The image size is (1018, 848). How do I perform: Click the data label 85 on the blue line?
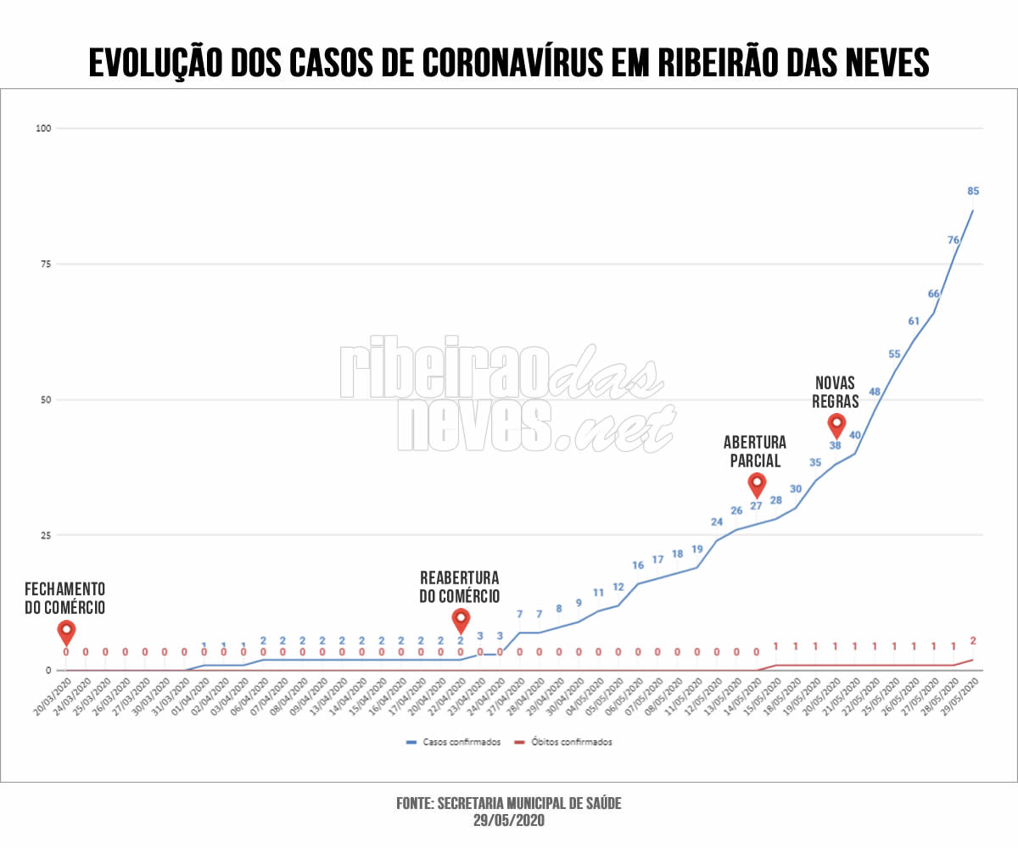pos(973,191)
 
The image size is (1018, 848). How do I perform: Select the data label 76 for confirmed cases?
pos(954,240)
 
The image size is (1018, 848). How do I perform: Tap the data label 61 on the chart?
pos(914,321)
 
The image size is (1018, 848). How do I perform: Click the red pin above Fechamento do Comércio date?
pos(66,632)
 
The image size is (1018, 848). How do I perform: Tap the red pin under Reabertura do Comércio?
pos(461,619)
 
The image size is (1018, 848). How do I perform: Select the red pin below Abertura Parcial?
pos(757,484)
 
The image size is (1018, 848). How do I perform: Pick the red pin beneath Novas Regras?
pos(836,424)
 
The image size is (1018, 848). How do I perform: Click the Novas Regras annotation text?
pos(836,392)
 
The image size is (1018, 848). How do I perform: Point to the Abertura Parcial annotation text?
pos(755,451)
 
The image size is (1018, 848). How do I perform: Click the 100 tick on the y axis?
pos(43,128)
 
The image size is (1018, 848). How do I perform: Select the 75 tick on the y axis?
pos(45,264)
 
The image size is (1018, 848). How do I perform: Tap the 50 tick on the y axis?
pos(45,399)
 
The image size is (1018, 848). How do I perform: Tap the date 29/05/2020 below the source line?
pos(509,821)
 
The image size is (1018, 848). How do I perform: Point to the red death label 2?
pos(973,641)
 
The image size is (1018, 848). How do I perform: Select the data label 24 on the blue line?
pos(717,522)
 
